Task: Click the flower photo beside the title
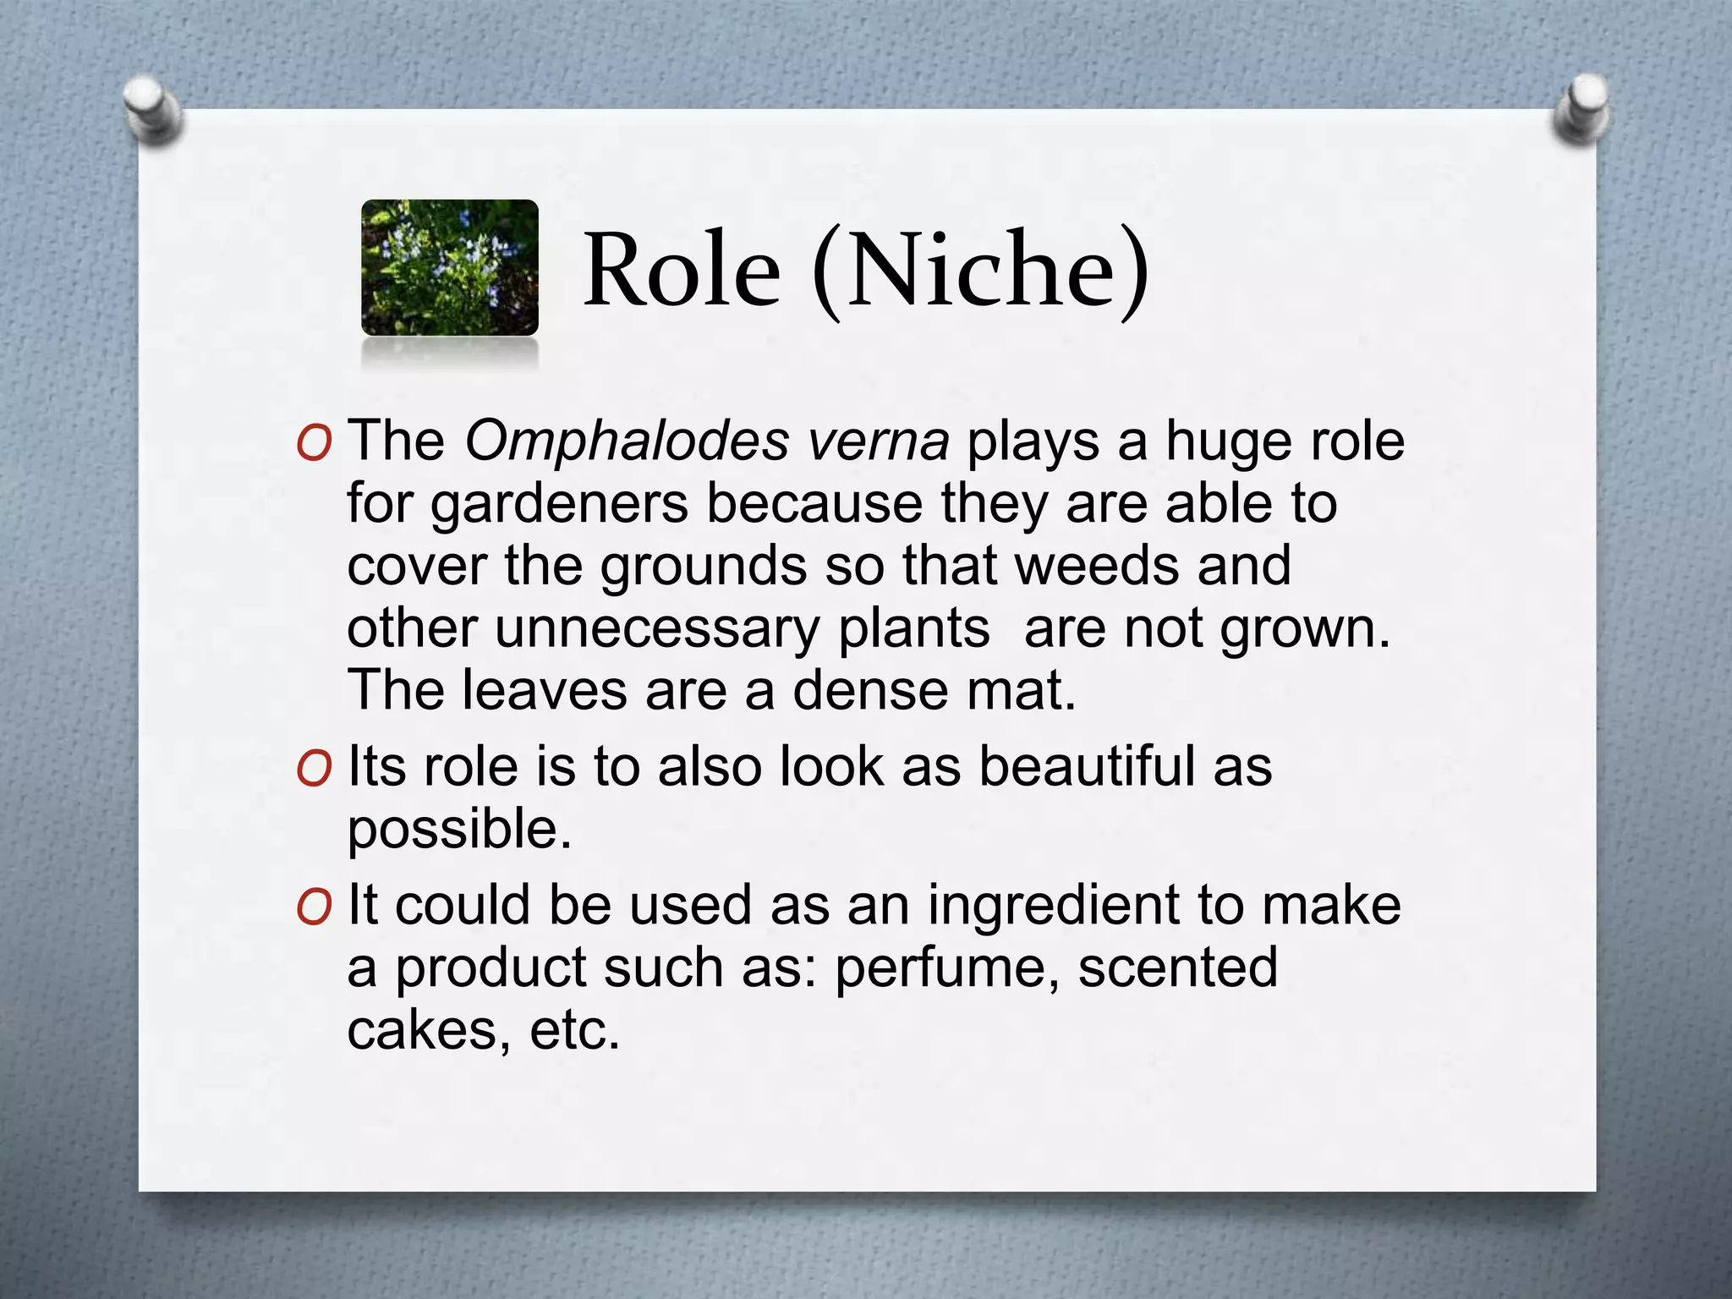point(449,267)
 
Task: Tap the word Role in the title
point(682,271)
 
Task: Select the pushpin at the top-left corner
point(152,109)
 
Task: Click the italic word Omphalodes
point(627,441)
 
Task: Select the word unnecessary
point(657,628)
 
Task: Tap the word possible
point(459,829)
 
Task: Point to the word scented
point(1177,967)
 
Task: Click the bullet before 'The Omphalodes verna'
point(314,442)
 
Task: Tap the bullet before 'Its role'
point(314,768)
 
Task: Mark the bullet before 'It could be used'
point(314,907)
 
